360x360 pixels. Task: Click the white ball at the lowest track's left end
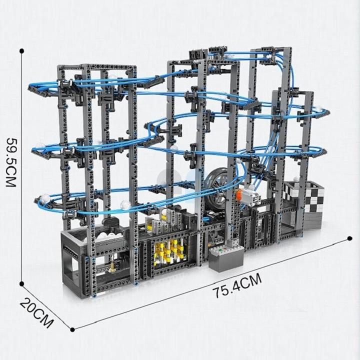pos(45,199)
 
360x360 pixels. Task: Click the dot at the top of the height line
pos(22,51)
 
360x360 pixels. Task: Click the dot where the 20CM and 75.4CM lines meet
pos(73,329)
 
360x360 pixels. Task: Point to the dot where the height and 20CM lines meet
pos(22,283)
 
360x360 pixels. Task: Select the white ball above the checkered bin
pos(296,178)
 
